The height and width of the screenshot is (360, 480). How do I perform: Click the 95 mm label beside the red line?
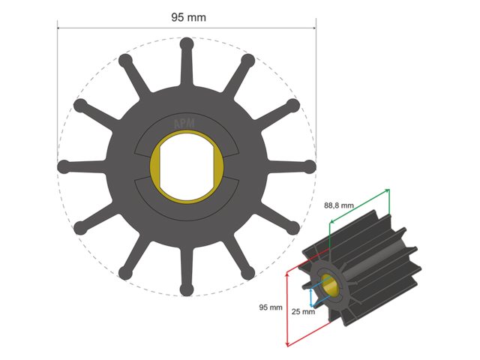(x=270, y=307)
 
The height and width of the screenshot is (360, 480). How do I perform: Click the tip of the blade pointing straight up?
(x=187, y=44)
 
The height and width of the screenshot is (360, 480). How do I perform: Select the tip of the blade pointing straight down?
(x=187, y=288)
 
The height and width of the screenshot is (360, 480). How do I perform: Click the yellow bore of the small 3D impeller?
(x=328, y=284)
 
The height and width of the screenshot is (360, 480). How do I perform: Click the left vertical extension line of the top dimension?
(x=58, y=90)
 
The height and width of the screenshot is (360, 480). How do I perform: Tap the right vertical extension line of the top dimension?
(x=316, y=90)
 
